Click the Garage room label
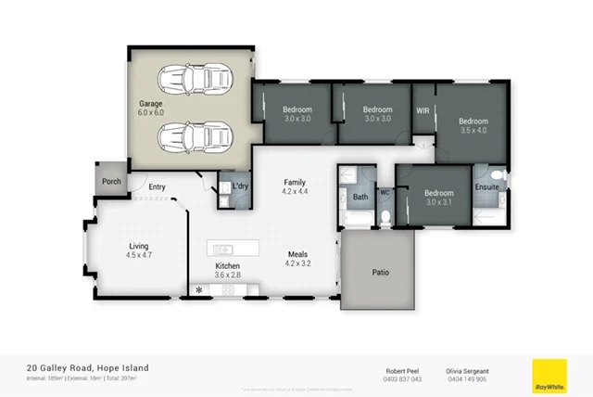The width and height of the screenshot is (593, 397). (x=151, y=103)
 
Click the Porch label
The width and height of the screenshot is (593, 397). (x=111, y=181)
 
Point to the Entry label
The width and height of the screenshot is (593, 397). (x=157, y=187)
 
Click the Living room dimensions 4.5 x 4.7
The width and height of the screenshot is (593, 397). (x=138, y=255)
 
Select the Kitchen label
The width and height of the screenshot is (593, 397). (x=228, y=265)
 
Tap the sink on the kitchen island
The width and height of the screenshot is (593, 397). (x=221, y=249)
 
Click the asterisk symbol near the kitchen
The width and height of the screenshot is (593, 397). (x=198, y=290)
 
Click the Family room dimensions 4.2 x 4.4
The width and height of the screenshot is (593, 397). (x=295, y=193)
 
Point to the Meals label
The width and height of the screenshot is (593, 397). (x=296, y=253)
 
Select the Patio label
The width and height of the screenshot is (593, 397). (x=379, y=274)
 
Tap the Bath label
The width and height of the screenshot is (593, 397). (x=360, y=197)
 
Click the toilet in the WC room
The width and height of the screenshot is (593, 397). (x=385, y=216)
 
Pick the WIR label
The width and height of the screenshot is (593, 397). (x=423, y=109)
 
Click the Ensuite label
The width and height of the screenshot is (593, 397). (x=487, y=187)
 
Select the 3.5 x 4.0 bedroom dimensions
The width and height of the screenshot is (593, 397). (x=473, y=130)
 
